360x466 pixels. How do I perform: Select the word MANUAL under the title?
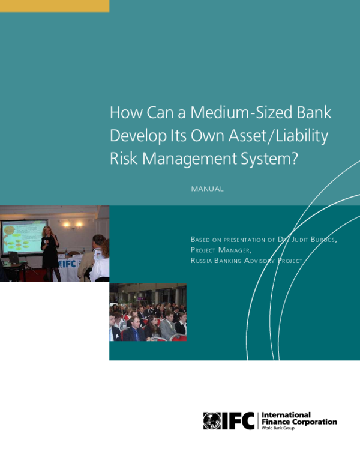(x=207, y=189)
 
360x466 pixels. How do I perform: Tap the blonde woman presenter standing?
(x=49, y=251)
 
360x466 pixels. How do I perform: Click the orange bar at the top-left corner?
(x=55, y=6)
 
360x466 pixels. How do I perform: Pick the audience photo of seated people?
(x=148, y=312)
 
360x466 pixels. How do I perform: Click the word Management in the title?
(x=181, y=159)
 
